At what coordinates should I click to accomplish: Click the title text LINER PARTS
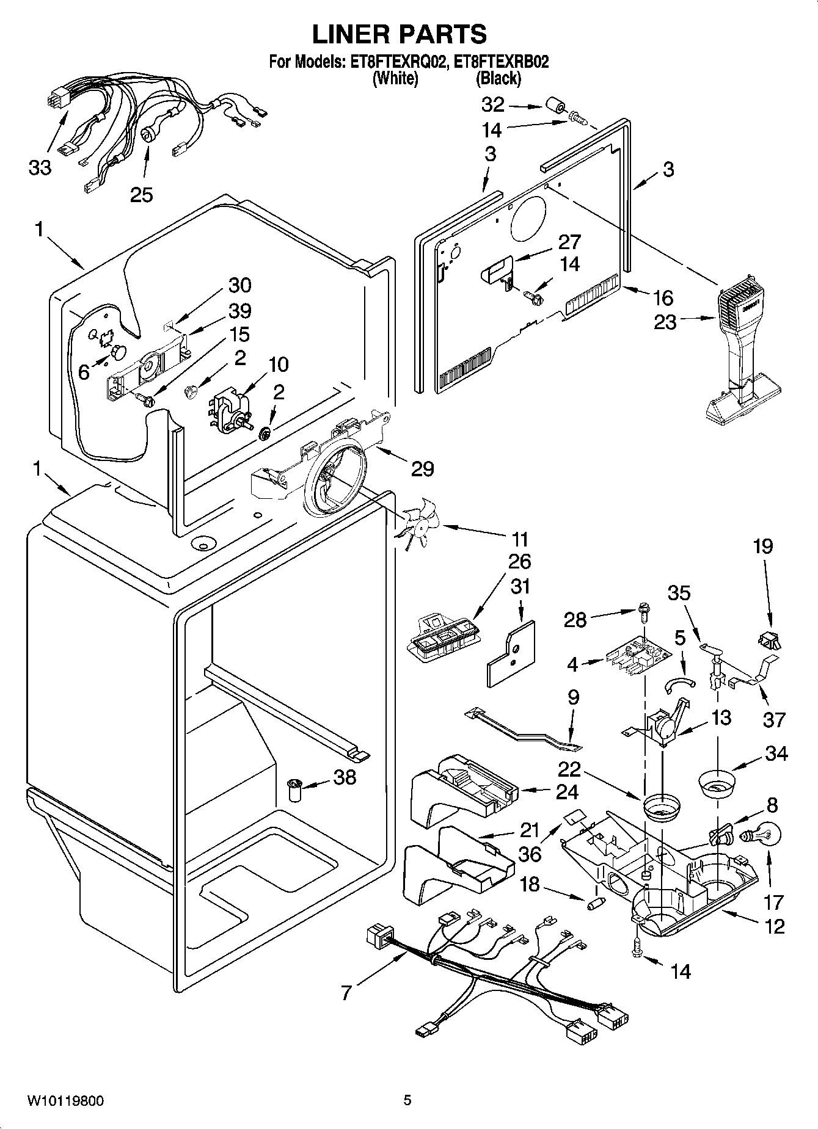(x=400, y=34)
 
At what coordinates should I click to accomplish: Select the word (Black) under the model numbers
(x=498, y=78)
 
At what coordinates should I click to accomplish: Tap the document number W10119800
(x=65, y=1101)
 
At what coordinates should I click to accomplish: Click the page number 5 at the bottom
(x=407, y=1100)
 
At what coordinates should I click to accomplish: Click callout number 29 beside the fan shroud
(x=422, y=468)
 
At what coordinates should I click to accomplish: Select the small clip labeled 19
(x=769, y=641)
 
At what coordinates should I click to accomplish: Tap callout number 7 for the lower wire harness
(x=346, y=993)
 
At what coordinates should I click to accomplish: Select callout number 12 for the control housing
(x=774, y=926)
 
